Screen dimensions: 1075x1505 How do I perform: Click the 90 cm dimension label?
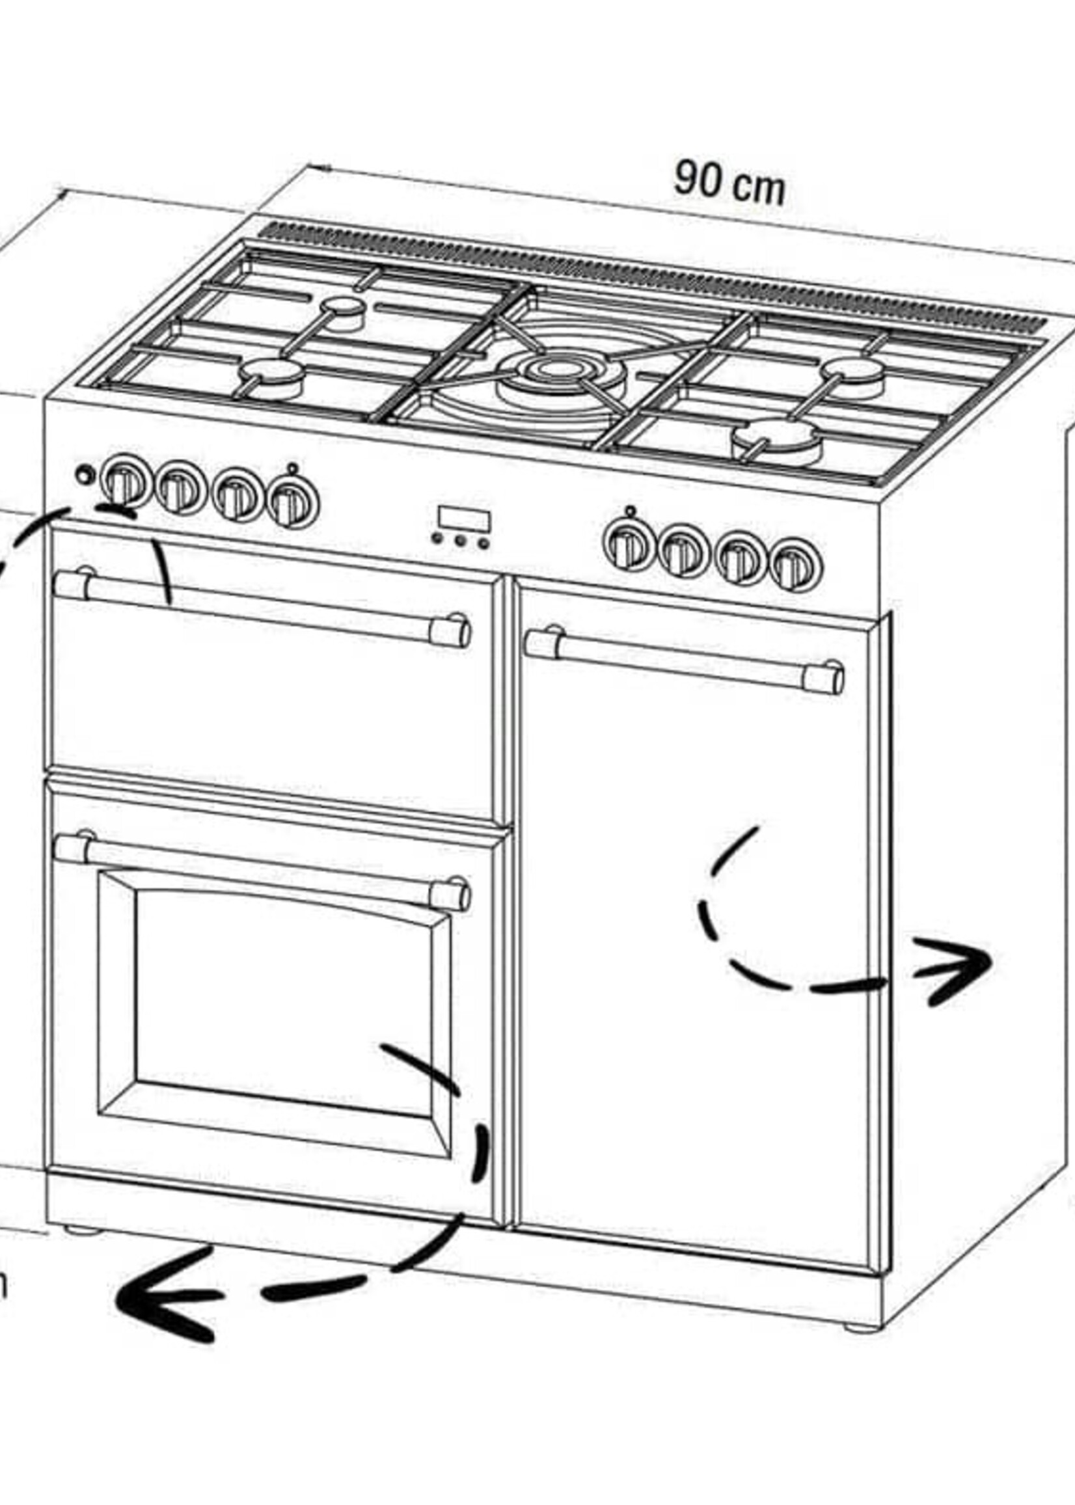(729, 182)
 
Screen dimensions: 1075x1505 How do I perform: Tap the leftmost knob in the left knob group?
(123, 481)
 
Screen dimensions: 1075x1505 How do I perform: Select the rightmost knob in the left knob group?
(293, 504)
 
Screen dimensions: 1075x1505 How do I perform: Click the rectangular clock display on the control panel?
(463, 519)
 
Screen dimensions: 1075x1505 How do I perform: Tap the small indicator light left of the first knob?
(83, 474)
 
